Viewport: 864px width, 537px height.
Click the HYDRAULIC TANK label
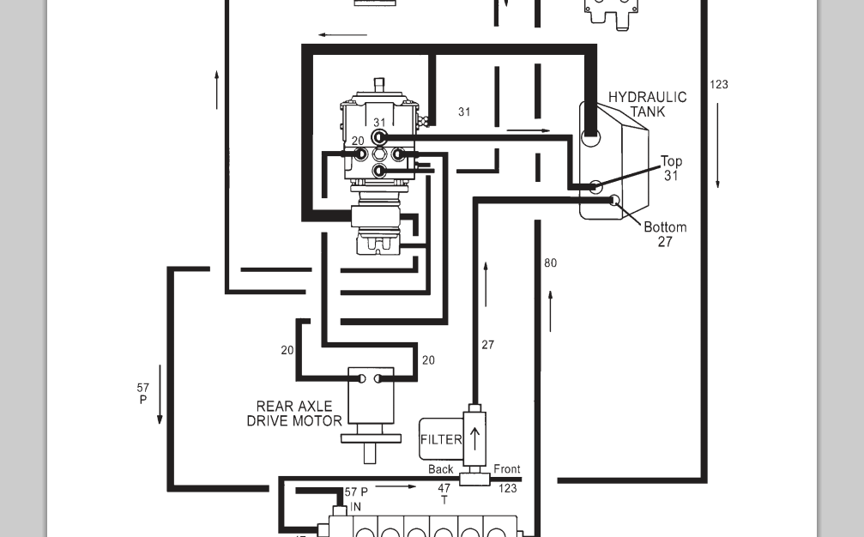[x=648, y=104]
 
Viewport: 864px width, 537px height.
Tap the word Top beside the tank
[x=671, y=161]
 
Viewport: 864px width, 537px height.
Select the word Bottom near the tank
[x=665, y=227]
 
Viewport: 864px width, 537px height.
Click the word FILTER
[x=441, y=439]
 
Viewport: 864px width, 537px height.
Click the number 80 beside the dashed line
[x=550, y=262]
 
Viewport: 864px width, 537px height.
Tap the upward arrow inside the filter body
[x=474, y=437]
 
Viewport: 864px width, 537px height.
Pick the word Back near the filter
[x=440, y=469]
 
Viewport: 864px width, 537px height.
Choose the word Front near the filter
[x=506, y=469]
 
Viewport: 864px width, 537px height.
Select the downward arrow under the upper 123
[x=718, y=146]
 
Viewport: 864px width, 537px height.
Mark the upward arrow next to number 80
[x=550, y=311]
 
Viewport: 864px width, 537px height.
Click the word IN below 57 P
[x=355, y=507]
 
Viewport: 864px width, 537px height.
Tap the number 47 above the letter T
[x=444, y=489]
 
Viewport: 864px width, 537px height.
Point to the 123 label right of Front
[x=507, y=488]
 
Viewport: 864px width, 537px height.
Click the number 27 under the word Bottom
[x=665, y=242]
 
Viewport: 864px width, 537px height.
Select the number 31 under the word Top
[x=671, y=176]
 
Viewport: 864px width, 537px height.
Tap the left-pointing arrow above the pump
[x=342, y=35]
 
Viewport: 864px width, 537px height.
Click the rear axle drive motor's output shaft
[x=370, y=452]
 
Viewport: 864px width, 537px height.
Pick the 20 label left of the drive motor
[x=287, y=350]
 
